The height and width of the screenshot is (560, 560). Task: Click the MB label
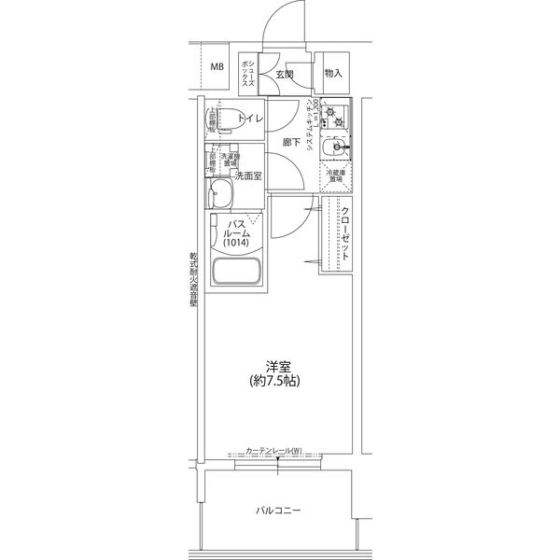click(x=217, y=66)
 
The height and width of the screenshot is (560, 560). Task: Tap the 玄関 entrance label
click(x=285, y=73)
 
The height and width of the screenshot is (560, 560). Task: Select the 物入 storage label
click(x=333, y=72)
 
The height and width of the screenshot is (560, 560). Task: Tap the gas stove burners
click(x=337, y=118)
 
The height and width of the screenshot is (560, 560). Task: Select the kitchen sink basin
click(x=333, y=149)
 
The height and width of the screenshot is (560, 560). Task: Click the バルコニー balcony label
click(x=279, y=511)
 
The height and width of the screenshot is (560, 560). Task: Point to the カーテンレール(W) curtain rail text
click(x=273, y=453)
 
